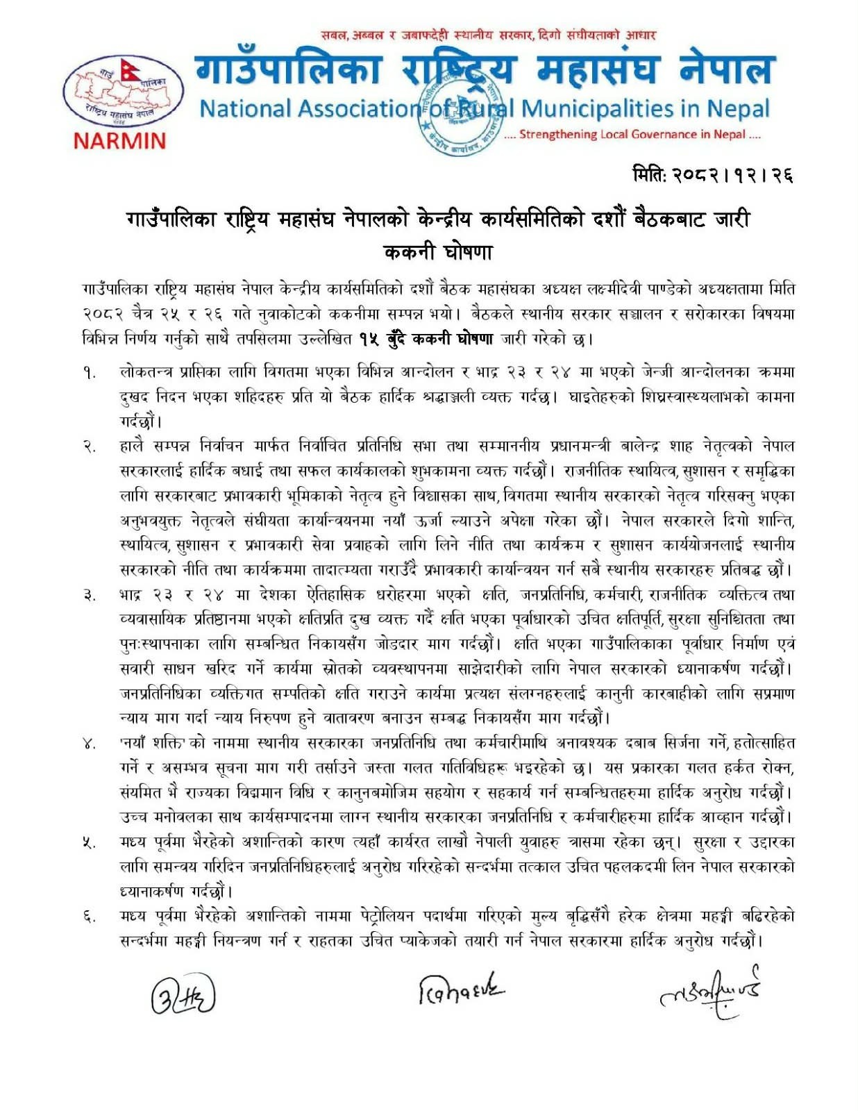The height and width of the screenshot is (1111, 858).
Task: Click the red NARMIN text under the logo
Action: click(x=119, y=141)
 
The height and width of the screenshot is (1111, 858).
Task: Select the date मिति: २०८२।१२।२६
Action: click(x=712, y=174)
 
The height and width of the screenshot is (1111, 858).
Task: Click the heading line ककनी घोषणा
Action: click(x=438, y=251)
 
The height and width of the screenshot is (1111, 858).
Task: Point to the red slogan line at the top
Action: click(x=488, y=35)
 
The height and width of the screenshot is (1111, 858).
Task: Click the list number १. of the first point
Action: click(x=90, y=373)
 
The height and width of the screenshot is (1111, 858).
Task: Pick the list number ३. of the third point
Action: click(x=90, y=596)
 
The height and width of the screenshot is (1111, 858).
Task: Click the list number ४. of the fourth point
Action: click(x=90, y=744)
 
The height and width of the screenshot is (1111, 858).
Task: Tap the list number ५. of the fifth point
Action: click(x=90, y=843)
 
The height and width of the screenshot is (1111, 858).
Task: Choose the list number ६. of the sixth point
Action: click(x=90, y=917)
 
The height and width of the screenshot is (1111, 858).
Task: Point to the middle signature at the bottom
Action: click(x=461, y=989)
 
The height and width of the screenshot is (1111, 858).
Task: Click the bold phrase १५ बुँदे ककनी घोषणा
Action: click(x=426, y=340)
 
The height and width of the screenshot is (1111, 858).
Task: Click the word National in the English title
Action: click(x=246, y=108)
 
